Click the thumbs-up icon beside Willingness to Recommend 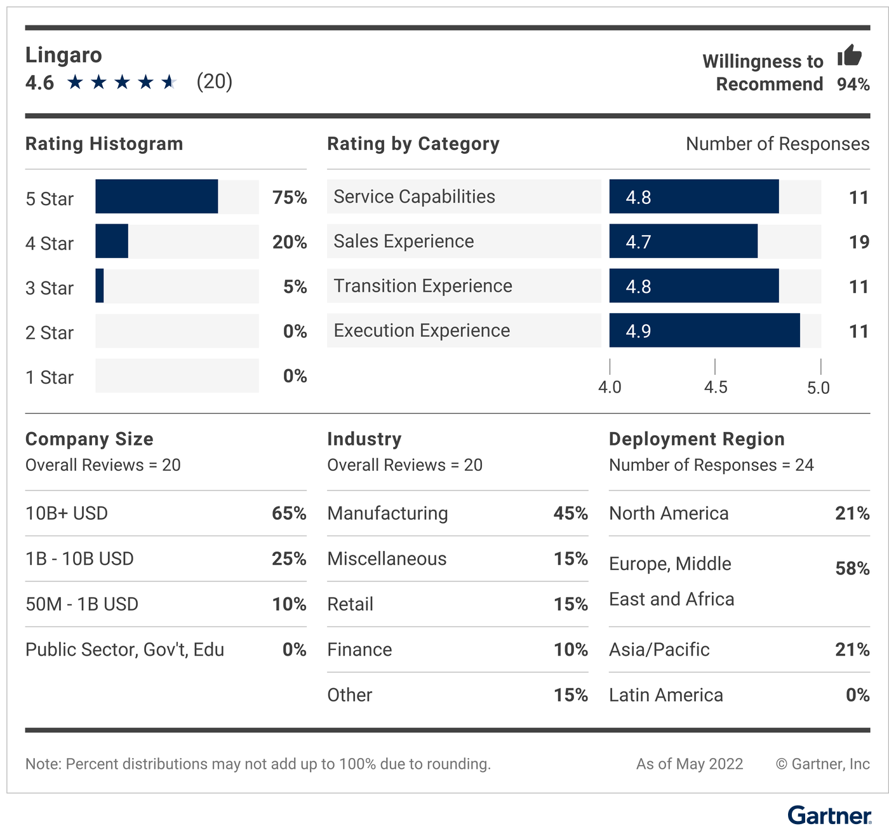pos(849,55)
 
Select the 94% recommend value pos(853,84)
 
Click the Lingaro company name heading pos(63,55)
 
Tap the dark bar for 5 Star pos(156,197)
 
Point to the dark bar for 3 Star pos(100,286)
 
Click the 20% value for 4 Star pos(290,242)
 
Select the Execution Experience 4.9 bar pos(704,330)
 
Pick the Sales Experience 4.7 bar pos(683,241)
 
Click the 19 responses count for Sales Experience pos(859,242)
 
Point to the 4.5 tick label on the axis pos(716,388)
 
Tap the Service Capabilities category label pos(414,197)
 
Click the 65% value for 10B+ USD pos(289,513)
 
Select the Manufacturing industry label pos(387,513)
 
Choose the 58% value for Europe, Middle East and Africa pos(852,568)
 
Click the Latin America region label pos(665,695)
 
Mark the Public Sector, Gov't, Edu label pos(124,649)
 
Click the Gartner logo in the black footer pos(829,816)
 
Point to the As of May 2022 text pos(690,764)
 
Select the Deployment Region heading pos(697,439)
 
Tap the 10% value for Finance pos(570,649)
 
